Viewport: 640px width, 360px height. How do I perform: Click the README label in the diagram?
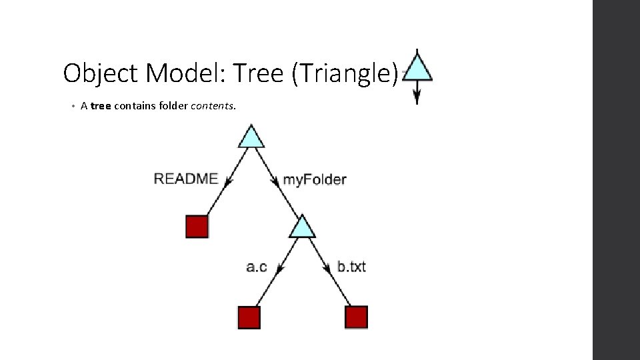tap(186, 179)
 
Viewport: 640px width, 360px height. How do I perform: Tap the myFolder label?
tap(315, 179)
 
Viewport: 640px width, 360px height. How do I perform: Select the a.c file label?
tap(257, 267)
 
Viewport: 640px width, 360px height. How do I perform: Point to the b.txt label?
tap(351, 267)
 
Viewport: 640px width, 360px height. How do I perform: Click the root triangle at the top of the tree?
tap(251, 138)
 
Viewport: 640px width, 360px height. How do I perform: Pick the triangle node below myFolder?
tap(302, 228)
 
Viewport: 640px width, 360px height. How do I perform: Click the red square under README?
tap(197, 227)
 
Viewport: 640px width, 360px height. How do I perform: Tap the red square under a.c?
tap(249, 317)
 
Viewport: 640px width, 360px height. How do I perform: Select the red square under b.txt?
tap(357, 317)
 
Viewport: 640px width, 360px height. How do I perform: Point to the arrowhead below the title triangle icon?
tap(417, 97)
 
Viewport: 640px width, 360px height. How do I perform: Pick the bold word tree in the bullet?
tap(101, 105)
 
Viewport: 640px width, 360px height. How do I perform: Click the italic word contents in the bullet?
tap(213, 105)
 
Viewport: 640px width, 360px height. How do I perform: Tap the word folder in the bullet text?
tap(174, 105)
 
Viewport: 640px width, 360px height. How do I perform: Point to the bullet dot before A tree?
tap(72, 106)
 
